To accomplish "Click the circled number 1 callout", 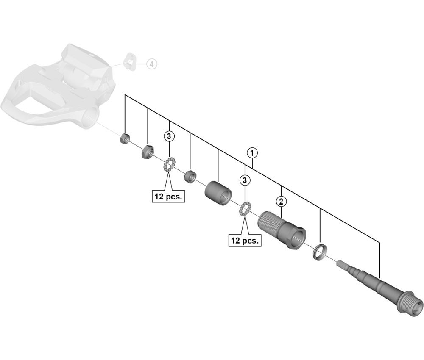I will click(252, 152).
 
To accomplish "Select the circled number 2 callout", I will click(280, 201).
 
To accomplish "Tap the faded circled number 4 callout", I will click(151, 64).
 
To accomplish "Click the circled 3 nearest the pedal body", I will click(169, 136).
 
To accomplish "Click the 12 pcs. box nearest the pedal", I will click(169, 197).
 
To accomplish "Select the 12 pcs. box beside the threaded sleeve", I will click(245, 241).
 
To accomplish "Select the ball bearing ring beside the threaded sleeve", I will click(245, 209).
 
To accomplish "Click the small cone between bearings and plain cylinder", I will click(190, 175).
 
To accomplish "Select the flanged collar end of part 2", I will click(295, 238).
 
